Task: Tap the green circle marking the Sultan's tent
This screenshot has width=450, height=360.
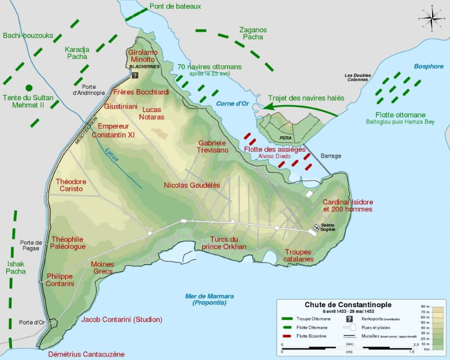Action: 29,87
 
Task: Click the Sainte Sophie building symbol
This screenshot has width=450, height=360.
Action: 316,227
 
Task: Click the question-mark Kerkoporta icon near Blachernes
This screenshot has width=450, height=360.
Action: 135,75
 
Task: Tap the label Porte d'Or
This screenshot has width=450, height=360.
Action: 32,322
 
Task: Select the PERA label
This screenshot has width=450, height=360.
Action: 286,138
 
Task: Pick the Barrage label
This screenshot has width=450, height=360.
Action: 330,156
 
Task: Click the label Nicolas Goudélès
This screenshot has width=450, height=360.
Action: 192,185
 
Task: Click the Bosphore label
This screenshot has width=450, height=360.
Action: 428,66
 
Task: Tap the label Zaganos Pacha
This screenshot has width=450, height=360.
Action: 253,33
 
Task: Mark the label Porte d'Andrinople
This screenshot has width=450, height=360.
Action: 89,90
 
